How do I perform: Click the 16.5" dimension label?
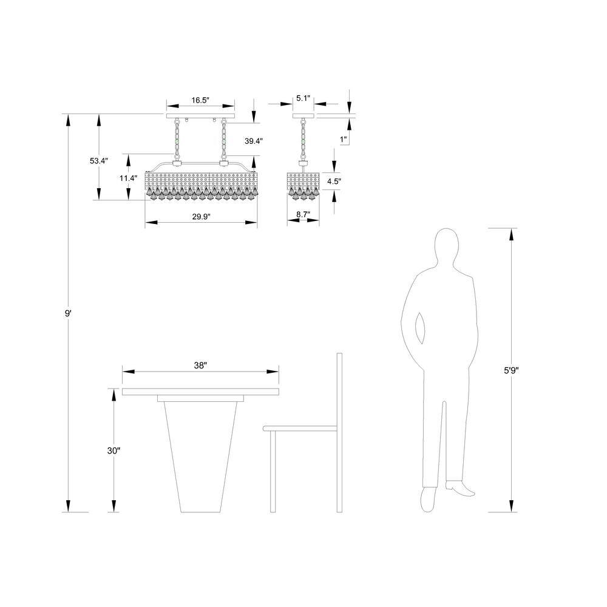pyautogui.click(x=200, y=100)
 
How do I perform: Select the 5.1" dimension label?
pyautogui.click(x=303, y=98)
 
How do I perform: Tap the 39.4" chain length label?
pyautogui.click(x=254, y=141)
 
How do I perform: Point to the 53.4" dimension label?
pyautogui.click(x=99, y=161)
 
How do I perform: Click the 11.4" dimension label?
pyautogui.click(x=128, y=178)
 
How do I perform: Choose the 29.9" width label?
pyautogui.click(x=201, y=217)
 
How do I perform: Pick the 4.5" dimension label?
pyautogui.click(x=334, y=181)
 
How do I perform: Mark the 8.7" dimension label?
pyautogui.click(x=303, y=214)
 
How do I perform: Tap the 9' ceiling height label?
pyautogui.click(x=68, y=314)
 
